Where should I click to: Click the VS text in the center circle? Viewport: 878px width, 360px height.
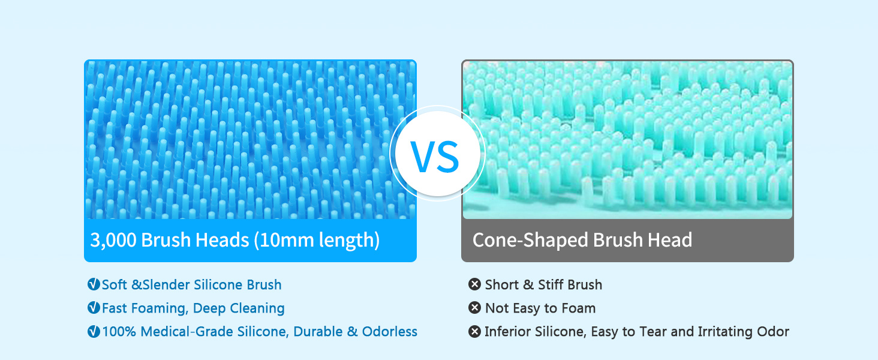pyautogui.click(x=435, y=157)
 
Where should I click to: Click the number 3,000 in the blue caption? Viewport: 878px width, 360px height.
pyautogui.click(x=113, y=240)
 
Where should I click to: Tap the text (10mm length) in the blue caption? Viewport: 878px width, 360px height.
pyautogui.click(x=317, y=240)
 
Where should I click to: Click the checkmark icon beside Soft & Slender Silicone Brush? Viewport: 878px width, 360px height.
pyautogui.click(x=94, y=284)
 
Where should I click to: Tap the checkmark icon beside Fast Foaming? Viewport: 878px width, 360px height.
pyautogui.click(x=94, y=308)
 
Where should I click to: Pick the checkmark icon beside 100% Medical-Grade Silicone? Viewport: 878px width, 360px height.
pyautogui.click(x=94, y=331)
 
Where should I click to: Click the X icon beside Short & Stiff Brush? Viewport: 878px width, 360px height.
pyautogui.click(x=474, y=284)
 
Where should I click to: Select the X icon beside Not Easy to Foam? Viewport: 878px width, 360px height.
pyautogui.click(x=474, y=308)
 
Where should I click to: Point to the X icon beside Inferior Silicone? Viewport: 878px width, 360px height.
pyautogui.click(x=474, y=331)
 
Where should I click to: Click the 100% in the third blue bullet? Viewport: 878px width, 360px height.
pyautogui.click(x=119, y=332)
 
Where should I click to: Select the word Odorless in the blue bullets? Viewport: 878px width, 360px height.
pyautogui.click(x=390, y=332)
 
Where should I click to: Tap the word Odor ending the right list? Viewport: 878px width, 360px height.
pyautogui.click(x=773, y=332)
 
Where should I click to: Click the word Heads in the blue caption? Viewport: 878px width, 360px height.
pyautogui.click(x=222, y=240)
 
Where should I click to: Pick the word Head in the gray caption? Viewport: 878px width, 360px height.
pyautogui.click(x=670, y=240)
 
